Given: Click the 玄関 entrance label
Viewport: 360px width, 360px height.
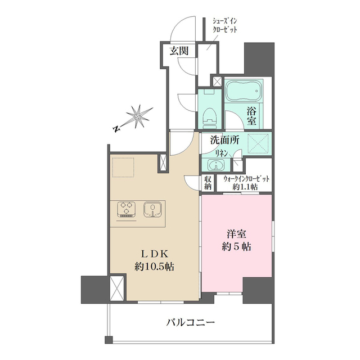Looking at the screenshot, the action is coord(179,51).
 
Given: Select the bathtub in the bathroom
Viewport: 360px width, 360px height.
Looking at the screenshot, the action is coord(244,91).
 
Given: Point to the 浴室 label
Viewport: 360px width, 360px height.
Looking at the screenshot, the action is coord(251,116).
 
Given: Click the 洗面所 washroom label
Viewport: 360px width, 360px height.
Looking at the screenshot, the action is coord(225,140).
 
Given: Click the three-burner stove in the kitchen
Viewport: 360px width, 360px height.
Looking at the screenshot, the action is coord(126,209).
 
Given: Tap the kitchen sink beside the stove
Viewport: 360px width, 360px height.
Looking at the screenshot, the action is coord(153,209).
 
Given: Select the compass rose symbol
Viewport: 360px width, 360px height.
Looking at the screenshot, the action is coord(138,116).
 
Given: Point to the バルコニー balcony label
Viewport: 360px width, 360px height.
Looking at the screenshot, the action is coord(191,322).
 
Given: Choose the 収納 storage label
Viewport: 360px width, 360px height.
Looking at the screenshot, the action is coord(208,182).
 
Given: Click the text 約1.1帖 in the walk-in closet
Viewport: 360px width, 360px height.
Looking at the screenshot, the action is coord(245,187).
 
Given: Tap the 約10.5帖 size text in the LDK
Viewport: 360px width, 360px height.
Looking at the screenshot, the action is coord(154,267).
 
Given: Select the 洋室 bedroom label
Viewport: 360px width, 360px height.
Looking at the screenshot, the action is coord(236,234).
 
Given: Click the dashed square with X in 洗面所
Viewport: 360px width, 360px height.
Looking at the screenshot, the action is coord(258,144).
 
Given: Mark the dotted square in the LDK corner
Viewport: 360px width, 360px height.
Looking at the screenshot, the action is coord(123,167).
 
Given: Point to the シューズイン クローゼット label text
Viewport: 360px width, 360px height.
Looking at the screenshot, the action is coord(224,26).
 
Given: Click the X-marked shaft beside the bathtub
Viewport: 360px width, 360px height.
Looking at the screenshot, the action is coord(217,82).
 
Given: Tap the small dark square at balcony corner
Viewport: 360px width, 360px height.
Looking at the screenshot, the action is coord(109,340).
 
